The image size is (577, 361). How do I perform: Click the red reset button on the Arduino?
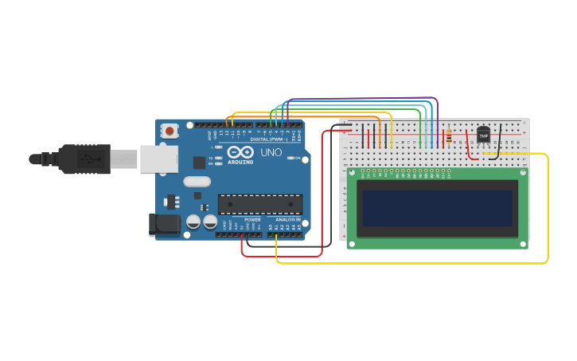170,131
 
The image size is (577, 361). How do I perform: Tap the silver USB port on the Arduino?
158,159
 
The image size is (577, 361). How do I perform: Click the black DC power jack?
165,224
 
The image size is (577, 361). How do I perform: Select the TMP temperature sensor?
483,135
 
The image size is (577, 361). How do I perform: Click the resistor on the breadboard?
449,136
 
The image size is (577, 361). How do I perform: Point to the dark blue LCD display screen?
438,207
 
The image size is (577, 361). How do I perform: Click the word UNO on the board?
271,152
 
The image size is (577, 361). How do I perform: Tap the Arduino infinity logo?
240,152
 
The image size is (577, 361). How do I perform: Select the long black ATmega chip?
259,204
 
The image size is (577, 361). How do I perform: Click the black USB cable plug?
84,159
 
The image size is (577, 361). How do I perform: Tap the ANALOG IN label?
288,219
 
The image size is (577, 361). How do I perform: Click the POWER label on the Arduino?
252,219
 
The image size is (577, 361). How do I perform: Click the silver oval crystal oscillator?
197,181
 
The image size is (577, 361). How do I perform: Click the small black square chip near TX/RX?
198,163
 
